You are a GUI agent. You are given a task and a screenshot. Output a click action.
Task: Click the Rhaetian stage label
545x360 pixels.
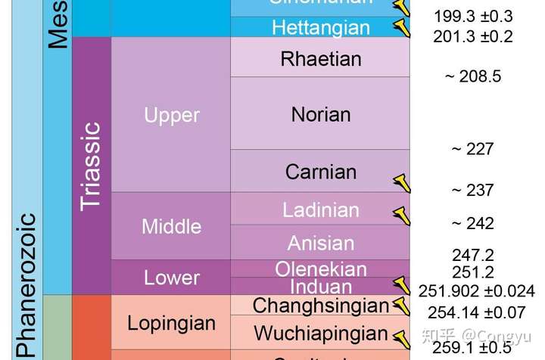(x=320, y=58)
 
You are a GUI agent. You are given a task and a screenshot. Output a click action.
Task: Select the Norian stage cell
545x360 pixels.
(x=320, y=114)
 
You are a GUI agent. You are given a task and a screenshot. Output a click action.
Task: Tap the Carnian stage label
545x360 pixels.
(x=320, y=172)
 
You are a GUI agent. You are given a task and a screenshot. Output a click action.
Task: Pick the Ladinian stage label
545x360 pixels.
(x=320, y=209)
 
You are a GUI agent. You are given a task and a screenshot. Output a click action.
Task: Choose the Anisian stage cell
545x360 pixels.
(x=320, y=243)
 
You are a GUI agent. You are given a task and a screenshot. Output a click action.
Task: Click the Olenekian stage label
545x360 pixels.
(x=320, y=268)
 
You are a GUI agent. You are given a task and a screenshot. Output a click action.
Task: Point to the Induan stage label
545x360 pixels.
(x=320, y=287)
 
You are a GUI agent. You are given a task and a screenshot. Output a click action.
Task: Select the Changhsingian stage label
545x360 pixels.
(x=320, y=306)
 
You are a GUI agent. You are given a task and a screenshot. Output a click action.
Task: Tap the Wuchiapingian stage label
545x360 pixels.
(x=320, y=333)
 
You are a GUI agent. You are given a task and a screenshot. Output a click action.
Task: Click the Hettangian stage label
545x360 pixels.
(x=320, y=28)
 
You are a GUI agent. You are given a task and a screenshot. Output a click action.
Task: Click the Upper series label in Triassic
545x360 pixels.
(x=171, y=115)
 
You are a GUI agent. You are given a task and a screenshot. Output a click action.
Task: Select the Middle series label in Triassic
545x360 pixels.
(x=171, y=225)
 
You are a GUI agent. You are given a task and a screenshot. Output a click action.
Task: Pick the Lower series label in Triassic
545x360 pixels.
(x=171, y=278)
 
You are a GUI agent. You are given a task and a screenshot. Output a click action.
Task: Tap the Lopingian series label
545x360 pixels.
(x=171, y=323)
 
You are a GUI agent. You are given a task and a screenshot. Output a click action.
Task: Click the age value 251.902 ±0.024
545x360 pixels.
(x=476, y=290)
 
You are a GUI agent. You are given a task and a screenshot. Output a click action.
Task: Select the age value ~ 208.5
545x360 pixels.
(x=472, y=76)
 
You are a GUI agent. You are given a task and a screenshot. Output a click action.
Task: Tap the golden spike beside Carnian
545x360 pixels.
(x=400, y=182)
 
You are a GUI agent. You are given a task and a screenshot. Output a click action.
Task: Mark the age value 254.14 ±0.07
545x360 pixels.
(x=476, y=311)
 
